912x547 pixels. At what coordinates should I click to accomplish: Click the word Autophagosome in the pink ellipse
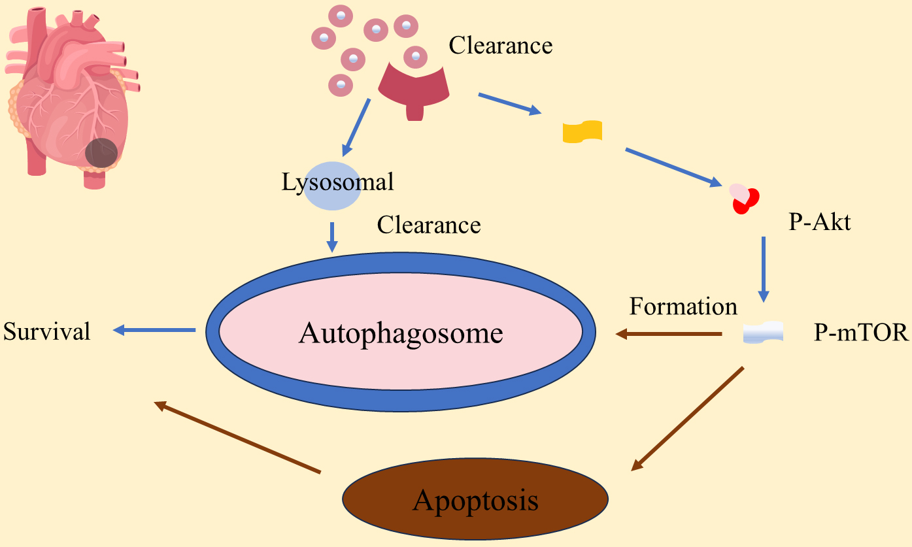[401, 333]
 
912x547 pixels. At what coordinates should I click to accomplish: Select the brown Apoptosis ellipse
[475, 501]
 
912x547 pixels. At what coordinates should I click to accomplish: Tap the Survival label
[47, 331]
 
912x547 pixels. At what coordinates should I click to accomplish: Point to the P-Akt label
[820, 223]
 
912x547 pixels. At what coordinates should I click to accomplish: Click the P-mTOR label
[861, 333]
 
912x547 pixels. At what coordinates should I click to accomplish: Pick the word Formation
[683, 306]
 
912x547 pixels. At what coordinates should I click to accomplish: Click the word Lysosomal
[338, 182]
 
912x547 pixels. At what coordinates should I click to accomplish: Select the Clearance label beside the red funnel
[500, 46]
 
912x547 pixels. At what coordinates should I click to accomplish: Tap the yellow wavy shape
[583, 131]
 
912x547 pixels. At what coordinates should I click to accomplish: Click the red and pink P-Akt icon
[745, 198]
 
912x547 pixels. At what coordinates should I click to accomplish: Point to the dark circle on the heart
[101, 152]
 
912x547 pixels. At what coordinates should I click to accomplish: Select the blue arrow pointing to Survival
[154, 331]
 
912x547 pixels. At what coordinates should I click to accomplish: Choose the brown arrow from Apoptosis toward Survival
[237, 437]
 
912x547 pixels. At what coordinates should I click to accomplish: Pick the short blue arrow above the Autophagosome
[332, 237]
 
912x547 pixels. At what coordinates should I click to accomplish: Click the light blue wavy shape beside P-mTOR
[764, 333]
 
